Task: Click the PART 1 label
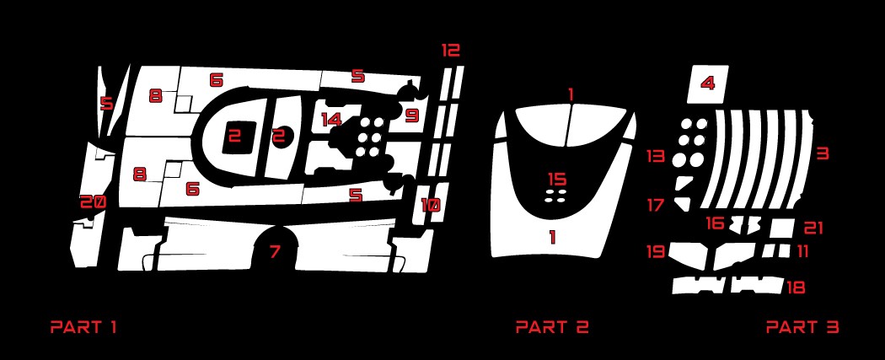(83, 327)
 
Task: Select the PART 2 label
(552, 327)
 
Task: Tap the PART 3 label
(802, 327)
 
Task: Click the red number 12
(450, 51)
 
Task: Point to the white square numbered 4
(707, 84)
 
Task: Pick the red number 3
(823, 153)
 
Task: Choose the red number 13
(655, 156)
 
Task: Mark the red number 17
(655, 205)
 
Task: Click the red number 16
(715, 223)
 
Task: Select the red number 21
(813, 228)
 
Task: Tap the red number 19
(655, 251)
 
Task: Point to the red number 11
(802, 251)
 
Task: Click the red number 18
(796, 287)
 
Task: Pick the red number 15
(556, 180)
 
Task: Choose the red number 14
(332, 120)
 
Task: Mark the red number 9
(413, 116)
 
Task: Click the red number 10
(431, 206)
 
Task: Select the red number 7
(275, 251)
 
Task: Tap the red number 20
(93, 201)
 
